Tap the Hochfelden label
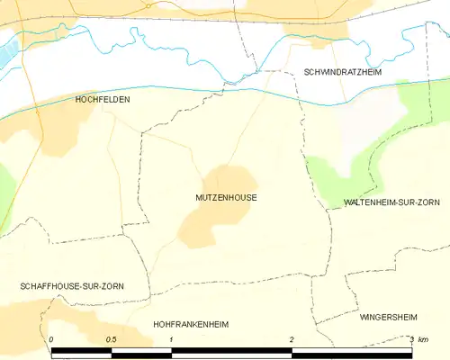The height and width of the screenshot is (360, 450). coord(102,101)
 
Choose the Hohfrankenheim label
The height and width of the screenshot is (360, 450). coord(191,322)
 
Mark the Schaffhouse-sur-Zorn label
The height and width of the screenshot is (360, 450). coord(72,285)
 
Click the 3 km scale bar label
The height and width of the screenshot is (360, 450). coord(417,338)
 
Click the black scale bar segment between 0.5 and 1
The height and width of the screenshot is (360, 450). coord(141,353)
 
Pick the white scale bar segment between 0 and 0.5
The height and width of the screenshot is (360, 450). coord(82,353)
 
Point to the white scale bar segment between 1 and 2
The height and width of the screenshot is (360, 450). coord(231,353)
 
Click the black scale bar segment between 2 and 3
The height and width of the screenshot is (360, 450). coord(352,353)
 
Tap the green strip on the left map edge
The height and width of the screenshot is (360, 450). coord(5,189)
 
